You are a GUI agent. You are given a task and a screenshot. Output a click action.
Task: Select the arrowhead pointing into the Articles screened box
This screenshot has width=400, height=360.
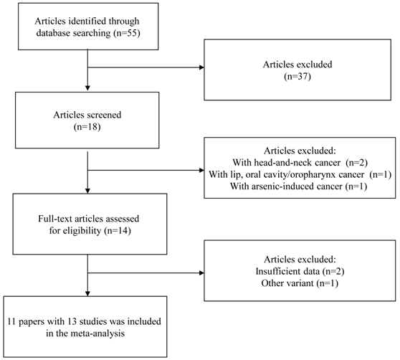coord(87,98)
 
